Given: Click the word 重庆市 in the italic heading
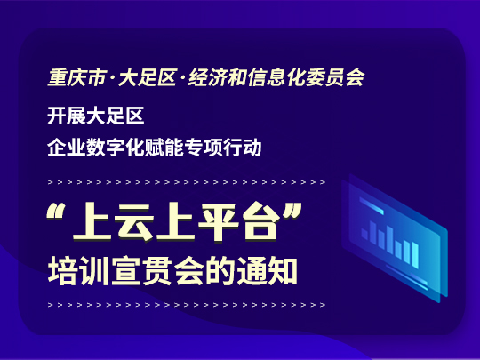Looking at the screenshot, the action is click(77, 77).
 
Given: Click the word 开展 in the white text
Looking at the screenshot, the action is click(67, 116).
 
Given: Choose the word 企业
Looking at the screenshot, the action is click(67, 148).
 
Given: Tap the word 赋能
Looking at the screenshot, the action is click(164, 148).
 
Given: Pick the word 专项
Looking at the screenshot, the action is click(204, 148).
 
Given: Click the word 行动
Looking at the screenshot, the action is click(242, 148).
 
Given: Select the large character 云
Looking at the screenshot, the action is click(134, 221).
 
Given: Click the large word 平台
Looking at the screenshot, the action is click(239, 221).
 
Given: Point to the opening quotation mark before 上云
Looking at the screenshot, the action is click(55, 212).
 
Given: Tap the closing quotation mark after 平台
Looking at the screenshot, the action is click(292, 212).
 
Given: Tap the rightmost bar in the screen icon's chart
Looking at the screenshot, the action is click(415, 255).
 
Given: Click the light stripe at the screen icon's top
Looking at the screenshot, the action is click(372, 205).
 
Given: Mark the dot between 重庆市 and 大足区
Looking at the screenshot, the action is click(112, 78).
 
